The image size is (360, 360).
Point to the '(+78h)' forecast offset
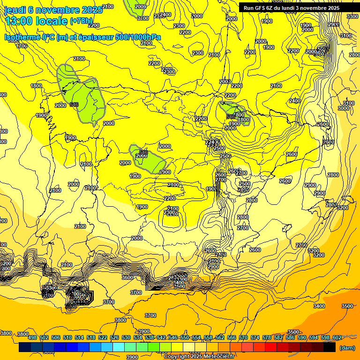(x=82, y=21)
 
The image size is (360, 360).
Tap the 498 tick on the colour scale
(x=32, y=337)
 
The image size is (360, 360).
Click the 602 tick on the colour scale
(x=337, y=337)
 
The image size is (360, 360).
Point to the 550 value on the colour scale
(x=185, y=337)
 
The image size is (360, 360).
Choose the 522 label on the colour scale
(x=103, y=337)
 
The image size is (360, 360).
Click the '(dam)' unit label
(x=347, y=348)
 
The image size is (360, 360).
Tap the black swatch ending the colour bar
(x=329, y=348)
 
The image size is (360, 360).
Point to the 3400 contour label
(x=319, y=306)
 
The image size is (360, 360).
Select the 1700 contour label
(x=22, y=46)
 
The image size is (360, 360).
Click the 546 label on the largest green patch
(x=74, y=104)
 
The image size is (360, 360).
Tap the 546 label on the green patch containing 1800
(x=230, y=116)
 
